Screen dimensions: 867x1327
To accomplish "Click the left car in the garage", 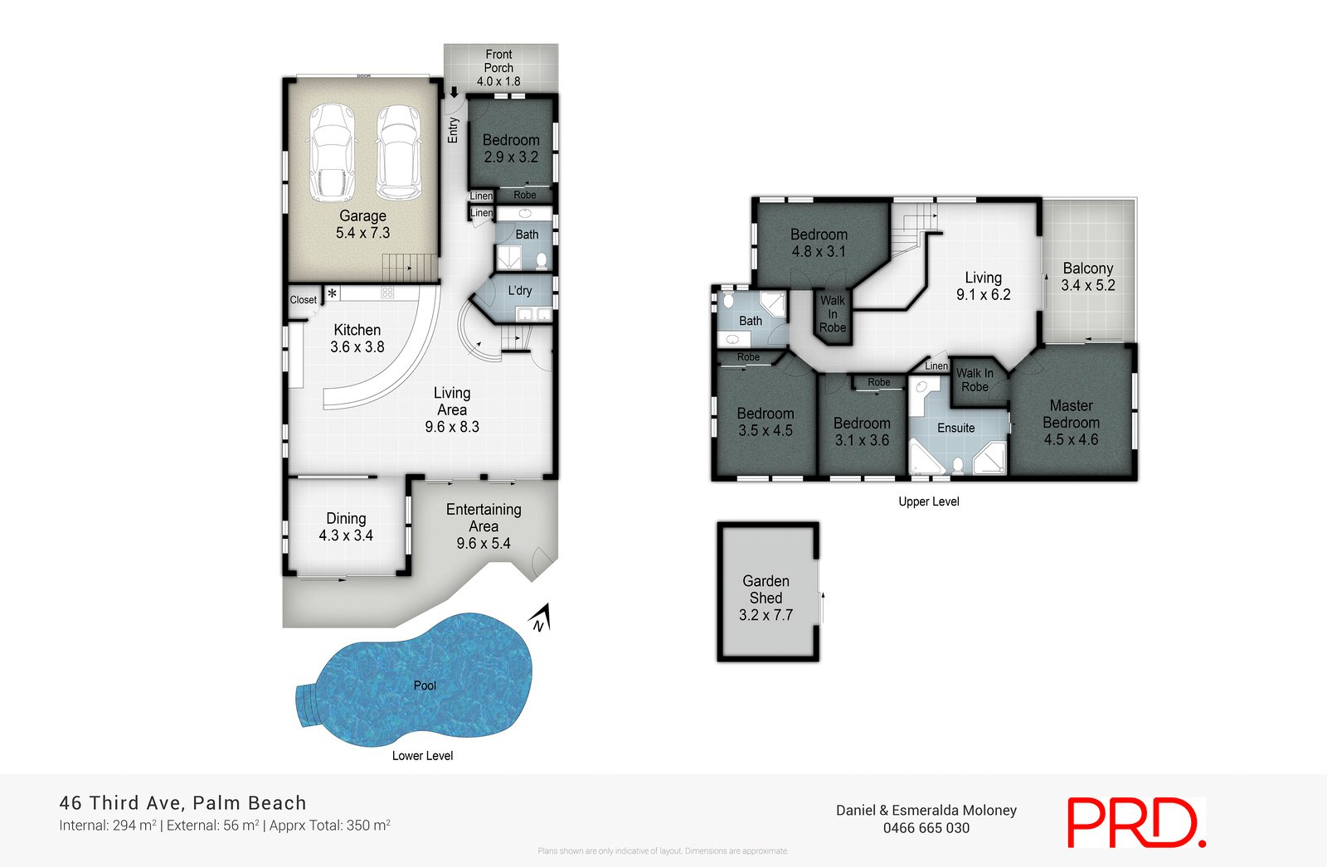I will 333,152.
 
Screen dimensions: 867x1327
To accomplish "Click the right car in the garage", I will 398,152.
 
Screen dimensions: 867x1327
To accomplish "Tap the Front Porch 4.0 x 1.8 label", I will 498,68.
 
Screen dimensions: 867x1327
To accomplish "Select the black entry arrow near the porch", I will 454,93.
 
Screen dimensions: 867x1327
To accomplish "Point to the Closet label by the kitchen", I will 303,300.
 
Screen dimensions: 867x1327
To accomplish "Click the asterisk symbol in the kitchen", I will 332,293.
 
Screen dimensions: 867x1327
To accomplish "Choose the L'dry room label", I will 520,291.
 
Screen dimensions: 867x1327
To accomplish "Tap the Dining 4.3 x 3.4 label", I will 346,527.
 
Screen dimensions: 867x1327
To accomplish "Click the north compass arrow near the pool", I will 541,618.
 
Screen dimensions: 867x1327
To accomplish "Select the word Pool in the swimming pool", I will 425,685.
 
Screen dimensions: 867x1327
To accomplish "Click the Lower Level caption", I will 422,756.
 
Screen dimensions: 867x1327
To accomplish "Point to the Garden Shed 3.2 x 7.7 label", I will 766,598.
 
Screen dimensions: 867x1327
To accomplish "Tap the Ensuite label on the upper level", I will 955,428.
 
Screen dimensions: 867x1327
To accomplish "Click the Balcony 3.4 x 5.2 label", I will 1087,277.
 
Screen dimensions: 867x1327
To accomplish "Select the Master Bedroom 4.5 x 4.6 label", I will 1071,422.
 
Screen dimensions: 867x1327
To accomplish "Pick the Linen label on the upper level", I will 936,366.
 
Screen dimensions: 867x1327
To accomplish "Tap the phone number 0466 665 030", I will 926,828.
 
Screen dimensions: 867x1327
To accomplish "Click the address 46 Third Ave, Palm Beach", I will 182,802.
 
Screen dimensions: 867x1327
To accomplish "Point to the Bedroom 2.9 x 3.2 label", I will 511,148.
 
